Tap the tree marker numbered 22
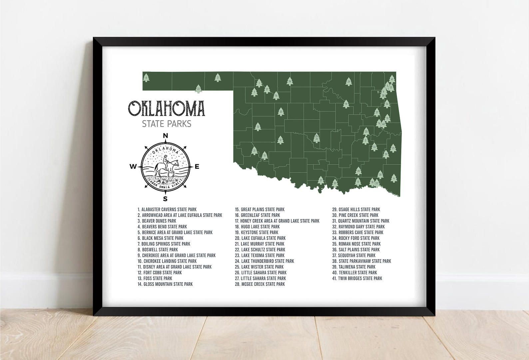[198, 89]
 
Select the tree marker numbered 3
[218, 78]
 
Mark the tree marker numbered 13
[258, 127]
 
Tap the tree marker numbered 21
[321, 180]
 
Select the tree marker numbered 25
[393, 148]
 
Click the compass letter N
[165, 136]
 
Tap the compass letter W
[133, 167]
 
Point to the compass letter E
[197, 167]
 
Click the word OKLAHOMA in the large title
[167, 108]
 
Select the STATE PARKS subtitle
[167, 124]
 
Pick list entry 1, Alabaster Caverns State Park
[167, 209]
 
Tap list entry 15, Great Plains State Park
[260, 209]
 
